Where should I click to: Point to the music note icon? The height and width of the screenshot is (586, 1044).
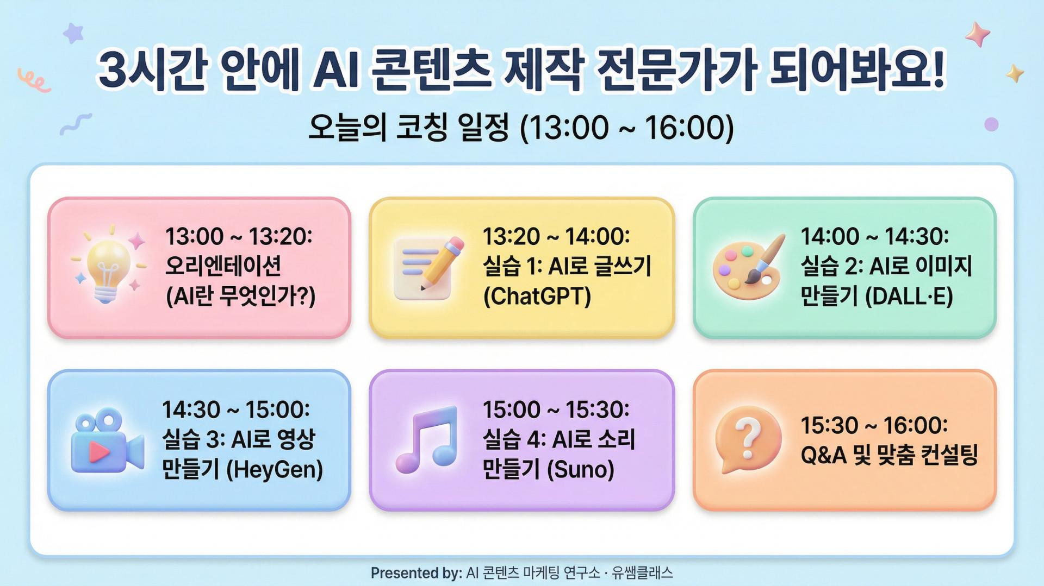427,439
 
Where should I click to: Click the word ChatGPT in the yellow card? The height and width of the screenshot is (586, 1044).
537,297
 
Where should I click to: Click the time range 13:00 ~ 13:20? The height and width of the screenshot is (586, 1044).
239,236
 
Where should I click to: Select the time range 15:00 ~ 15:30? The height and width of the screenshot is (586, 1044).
556,409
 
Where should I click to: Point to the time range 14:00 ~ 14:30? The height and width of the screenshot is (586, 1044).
874,236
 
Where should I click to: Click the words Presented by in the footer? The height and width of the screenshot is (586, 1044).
416,573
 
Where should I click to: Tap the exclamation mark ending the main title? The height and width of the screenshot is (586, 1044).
937,68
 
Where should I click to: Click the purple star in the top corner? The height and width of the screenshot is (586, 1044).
73,33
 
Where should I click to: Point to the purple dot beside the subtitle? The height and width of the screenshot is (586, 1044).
991,124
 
